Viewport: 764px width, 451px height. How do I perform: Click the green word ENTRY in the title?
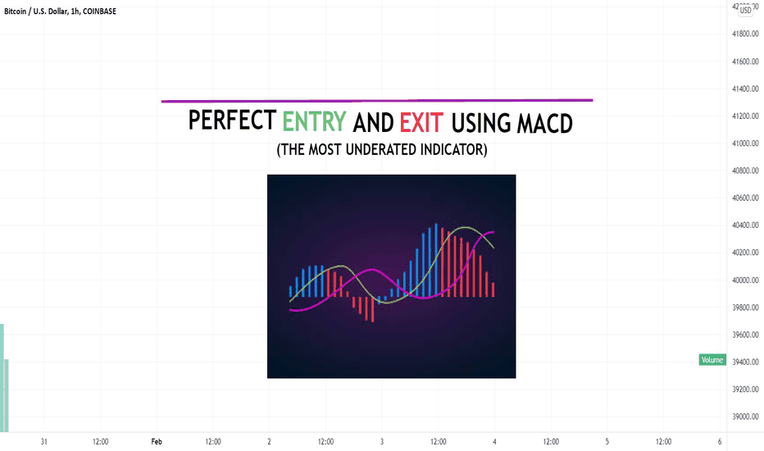click(x=314, y=122)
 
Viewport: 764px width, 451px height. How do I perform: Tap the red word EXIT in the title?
click(x=421, y=123)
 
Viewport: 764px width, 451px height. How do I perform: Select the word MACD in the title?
click(x=544, y=123)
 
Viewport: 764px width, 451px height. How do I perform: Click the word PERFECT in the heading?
click(x=233, y=121)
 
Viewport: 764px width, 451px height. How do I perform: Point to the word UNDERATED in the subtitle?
click(x=381, y=149)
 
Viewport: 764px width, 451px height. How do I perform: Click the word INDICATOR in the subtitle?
click(x=453, y=149)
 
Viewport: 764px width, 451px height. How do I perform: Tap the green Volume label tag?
click(x=712, y=360)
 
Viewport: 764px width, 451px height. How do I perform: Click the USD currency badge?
click(x=745, y=10)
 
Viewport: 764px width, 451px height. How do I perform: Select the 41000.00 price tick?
click(x=745, y=143)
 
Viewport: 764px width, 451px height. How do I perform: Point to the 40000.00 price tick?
click(x=745, y=280)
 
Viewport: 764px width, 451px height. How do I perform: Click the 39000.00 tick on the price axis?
click(x=745, y=417)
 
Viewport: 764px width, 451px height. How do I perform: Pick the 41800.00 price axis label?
click(x=745, y=34)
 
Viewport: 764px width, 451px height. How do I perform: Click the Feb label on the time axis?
click(x=157, y=442)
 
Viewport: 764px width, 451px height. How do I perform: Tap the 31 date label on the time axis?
click(x=43, y=442)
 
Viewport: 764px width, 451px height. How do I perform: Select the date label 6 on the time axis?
click(x=720, y=442)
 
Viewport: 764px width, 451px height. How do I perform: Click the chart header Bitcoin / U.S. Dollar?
click(x=35, y=11)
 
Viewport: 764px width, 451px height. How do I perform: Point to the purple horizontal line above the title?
click(x=377, y=100)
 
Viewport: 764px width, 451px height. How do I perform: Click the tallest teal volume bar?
click(x=2, y=378)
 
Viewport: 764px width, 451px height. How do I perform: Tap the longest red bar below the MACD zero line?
click(x=372, y=310)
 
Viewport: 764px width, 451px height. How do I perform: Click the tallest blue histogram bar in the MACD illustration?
click(x=436, y=261)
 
